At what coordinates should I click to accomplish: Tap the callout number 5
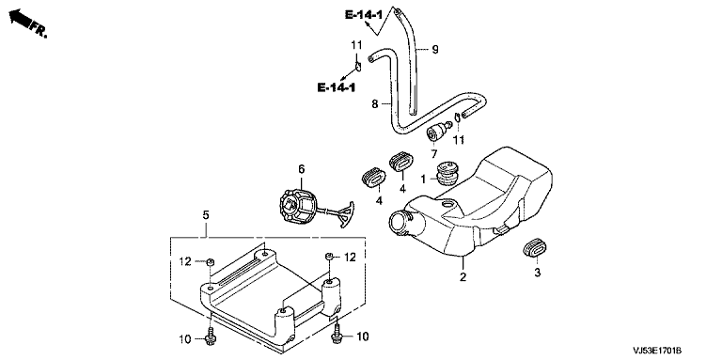pyautogui.click(x=205, y=215)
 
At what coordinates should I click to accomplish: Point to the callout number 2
pyautogui.click(x=463, y=276)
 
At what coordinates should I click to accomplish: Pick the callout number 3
pyautogui.click(x=537, y=273)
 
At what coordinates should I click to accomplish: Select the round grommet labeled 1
pyautogui.click(x=446, y=172)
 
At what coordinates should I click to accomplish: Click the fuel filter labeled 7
pyautogui.click(x=438, y=133)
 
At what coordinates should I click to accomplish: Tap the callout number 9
pyautogui.click(x=435, y=49)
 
